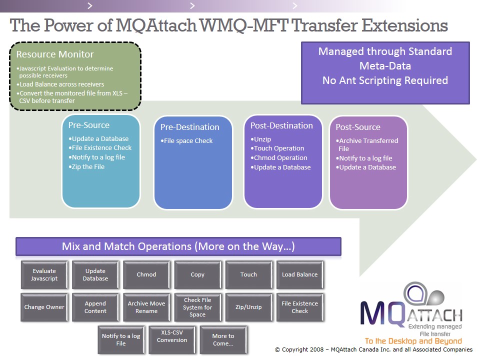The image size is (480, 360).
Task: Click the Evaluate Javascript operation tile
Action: (x=44, y=274)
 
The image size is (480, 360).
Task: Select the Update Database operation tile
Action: (x=95, y=274)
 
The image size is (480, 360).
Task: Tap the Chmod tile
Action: (x=146, y=274)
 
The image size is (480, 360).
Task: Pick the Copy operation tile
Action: (x=197, y=274)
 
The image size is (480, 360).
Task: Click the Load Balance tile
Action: (x=299, y=274)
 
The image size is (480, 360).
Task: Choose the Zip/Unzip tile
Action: (x=248, y=307)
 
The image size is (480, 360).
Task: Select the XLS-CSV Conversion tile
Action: (x=172, y=336)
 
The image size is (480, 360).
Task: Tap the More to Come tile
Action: (x=223, y=339)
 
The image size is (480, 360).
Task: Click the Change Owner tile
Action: (x=44, y=307)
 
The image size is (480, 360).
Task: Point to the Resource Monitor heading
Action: (x=55, y=54)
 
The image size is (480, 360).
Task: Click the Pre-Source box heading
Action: (x=89, y=125)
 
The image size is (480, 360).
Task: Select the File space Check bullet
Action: (x=186, y=141)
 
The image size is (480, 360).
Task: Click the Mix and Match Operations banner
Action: (x=178, y=246)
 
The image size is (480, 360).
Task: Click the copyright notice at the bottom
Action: (x=373, y=349)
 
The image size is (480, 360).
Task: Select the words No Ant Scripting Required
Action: (x=385, y=80)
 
